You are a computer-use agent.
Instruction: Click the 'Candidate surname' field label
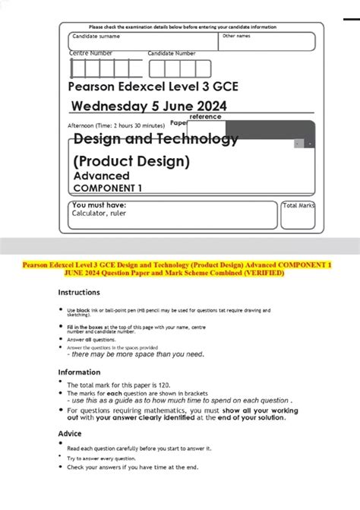coord(96,36)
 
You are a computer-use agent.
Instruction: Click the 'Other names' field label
coord(235,36)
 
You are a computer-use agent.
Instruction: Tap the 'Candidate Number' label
coord(172,53)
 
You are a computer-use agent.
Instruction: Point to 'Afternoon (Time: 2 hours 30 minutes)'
coord(116,125)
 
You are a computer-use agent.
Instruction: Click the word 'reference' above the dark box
coord(205,117)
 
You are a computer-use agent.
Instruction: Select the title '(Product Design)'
coord(131,161)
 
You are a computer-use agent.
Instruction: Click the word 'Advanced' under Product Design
coord(101,176)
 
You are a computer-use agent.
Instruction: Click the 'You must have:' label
coord(99,205)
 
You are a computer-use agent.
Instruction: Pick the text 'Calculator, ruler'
coord(99,214)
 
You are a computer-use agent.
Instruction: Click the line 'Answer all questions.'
coord(93,340)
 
